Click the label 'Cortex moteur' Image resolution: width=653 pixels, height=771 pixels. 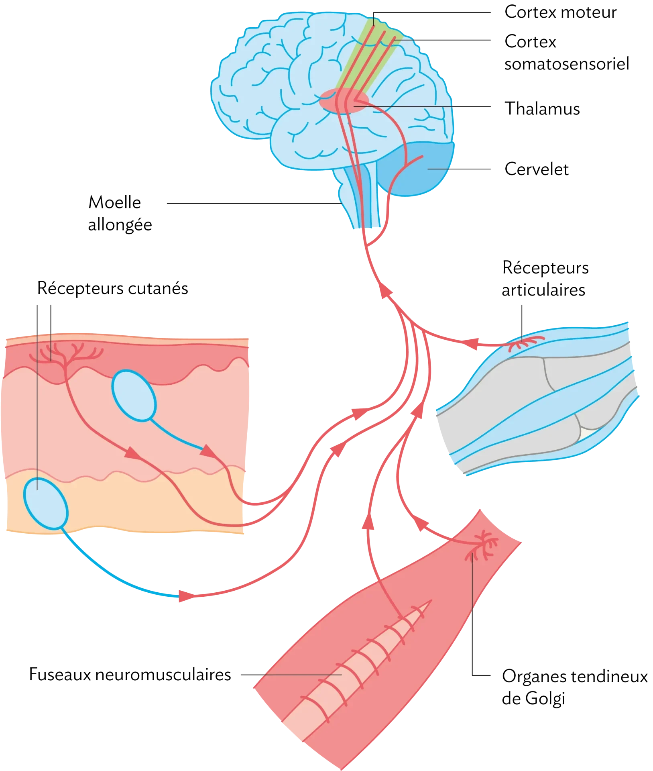[560, 12]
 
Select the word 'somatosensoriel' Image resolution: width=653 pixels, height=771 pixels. [567, 64]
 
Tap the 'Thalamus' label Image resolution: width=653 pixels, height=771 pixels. [542, 109]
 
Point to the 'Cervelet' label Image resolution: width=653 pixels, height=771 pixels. [537, 169]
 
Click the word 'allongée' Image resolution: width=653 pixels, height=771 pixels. [120, 225]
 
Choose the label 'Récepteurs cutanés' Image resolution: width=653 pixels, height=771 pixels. [113, 288]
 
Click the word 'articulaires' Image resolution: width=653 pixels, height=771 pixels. [543, 290]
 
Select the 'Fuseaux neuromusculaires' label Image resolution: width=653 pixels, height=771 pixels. [130, 675]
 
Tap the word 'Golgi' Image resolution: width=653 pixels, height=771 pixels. [545, 699]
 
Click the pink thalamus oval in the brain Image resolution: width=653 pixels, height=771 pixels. [344, 100]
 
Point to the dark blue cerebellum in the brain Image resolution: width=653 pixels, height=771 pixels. [417, 169]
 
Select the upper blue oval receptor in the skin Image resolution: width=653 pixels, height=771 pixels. [134, 396]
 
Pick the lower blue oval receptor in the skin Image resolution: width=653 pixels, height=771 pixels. [45, 504]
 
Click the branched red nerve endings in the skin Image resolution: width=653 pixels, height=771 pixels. [65, 354]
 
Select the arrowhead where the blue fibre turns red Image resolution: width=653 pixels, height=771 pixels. [186, 596]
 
